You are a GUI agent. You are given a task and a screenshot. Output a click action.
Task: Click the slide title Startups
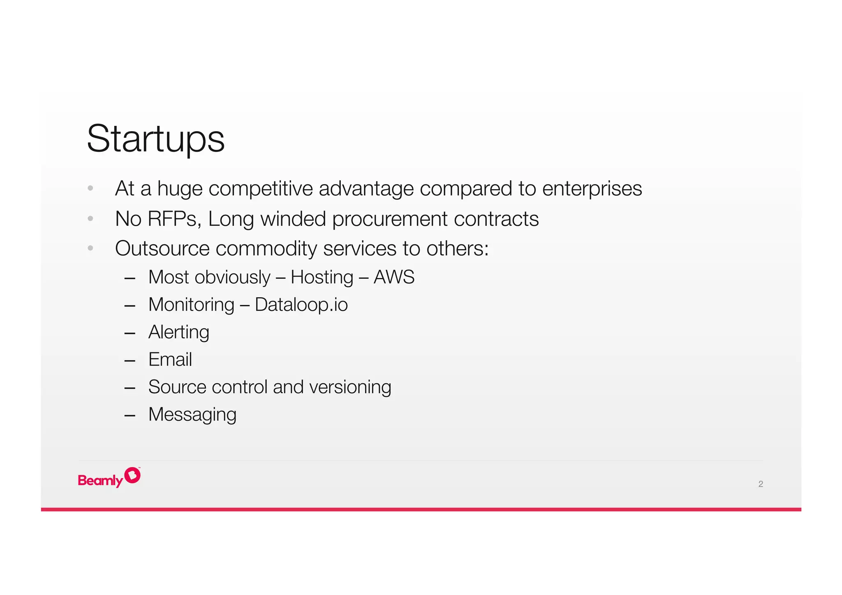155,139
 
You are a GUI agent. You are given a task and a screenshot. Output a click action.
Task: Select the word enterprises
592,189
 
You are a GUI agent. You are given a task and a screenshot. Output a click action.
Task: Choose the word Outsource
162,249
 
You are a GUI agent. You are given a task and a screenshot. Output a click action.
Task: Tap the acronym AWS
393,277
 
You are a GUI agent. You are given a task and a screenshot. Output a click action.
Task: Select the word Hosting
322,278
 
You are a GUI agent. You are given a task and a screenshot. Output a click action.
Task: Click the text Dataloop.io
301,305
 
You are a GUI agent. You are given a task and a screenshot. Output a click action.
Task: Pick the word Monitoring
191,305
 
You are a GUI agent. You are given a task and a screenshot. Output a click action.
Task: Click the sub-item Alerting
178,332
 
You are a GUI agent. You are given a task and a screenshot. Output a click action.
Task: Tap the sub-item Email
170,360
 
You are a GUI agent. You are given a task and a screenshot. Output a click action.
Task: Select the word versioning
350,387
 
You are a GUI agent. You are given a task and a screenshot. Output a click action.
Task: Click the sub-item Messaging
192,415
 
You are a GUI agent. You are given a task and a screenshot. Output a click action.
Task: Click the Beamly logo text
100,480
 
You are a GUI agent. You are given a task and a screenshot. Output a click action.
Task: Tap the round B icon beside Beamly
132,475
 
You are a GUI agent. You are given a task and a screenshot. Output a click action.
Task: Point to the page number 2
760,484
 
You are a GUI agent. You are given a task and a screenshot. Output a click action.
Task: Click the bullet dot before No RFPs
90,219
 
